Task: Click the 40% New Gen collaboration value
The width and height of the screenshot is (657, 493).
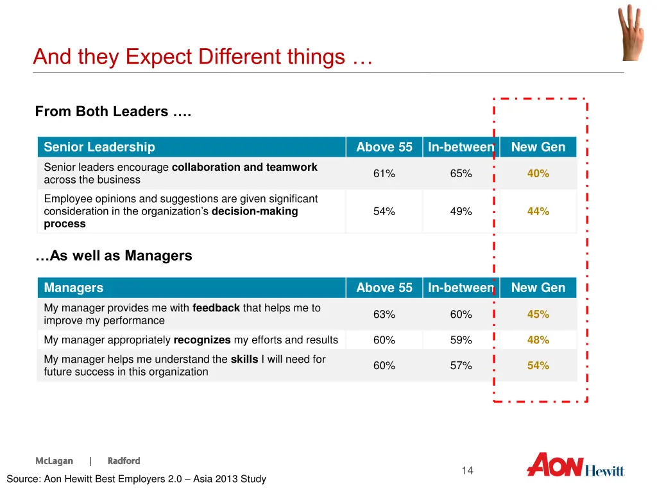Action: tap(538, 173)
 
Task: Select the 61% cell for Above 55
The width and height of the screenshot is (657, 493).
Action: tap(384, 173)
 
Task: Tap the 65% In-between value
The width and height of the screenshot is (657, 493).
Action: tap(461, 173)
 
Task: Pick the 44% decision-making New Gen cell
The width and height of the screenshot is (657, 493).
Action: tap(538, 211)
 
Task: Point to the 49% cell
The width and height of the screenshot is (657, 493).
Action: tap(461, 211)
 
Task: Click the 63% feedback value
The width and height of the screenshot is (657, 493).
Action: tap(384, 314)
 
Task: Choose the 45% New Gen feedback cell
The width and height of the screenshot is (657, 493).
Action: tap(538, 314)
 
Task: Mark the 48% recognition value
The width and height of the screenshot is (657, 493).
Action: tap(538, 340)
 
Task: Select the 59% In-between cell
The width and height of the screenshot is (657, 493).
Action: tap(461, 340)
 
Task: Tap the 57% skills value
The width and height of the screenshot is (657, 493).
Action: tap(461, 365)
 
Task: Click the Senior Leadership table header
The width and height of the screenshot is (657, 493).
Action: tap(99, 147)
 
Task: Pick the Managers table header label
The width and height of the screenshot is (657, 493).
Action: tap(74, 288)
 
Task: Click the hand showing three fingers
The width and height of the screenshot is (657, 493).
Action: tap(629, 32)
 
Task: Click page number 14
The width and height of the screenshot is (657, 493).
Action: tap(467, 471)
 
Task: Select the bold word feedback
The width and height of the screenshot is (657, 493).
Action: tap(216, 308)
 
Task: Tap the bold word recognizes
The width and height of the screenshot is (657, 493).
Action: tap(202, 340)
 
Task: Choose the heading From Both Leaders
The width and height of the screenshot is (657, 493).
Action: tap(113, 112)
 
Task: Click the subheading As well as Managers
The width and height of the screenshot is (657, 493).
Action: tap(114, 255)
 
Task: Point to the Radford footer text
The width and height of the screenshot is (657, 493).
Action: tap(124, 461)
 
